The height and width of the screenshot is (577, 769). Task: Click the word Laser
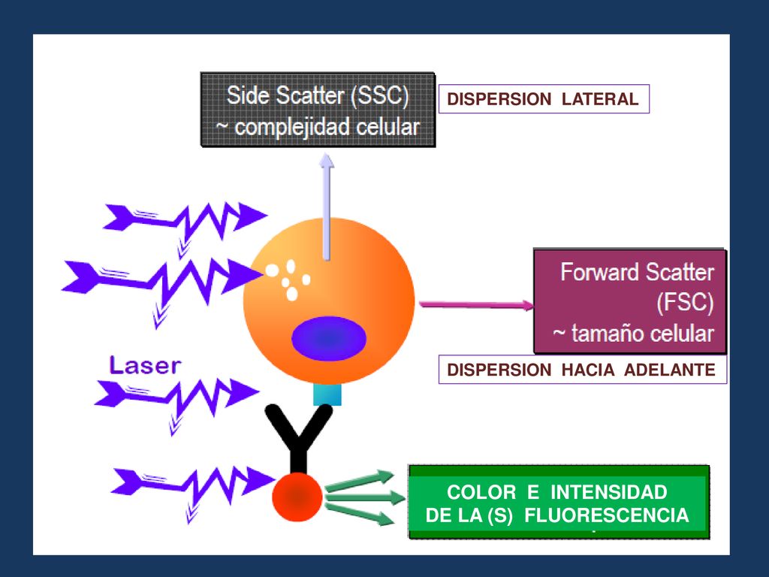[x=145, y=366]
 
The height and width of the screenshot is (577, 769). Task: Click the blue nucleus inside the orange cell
[x=329, y=339]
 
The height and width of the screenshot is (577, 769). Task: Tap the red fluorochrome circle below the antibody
[x=297, y=497]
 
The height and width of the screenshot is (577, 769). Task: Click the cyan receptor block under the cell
[x=327, y=394]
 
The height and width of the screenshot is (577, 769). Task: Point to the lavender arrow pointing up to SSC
[x=326, y=207]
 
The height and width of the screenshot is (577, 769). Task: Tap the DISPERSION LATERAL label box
[x=544, y=99]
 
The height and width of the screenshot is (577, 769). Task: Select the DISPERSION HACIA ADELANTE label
[x=582, y=370]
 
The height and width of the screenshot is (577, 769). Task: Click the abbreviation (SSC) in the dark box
[x=380, y=95]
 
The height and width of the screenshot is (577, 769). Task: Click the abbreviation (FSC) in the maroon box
[x=685, y=302]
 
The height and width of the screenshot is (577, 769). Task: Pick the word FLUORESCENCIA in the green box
[x=607, y=515]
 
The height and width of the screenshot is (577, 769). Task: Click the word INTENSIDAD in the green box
[x=608, y=492]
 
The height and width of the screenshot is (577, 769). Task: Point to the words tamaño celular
[x=642, y=334]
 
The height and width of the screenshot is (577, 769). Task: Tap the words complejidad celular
[x=327, y=128]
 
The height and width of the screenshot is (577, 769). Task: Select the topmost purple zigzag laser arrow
[x=185, y=223]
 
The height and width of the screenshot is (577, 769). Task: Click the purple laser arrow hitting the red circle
[x=193, y=489]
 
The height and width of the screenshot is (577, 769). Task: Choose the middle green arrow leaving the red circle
[x=365, y=497]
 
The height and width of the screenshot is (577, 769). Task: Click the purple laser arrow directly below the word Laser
[x=176, y=400]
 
